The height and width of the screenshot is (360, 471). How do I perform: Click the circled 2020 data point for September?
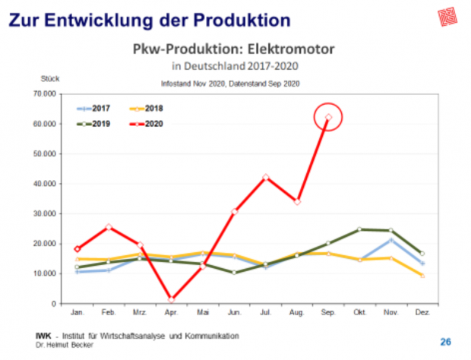328,117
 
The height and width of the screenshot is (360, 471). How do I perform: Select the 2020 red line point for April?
172,299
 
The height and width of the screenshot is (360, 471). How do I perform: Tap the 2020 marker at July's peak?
265,177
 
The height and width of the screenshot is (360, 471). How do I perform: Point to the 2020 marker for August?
297,202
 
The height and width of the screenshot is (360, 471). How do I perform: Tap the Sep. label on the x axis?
328,312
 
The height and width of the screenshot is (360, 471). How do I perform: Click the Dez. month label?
422,312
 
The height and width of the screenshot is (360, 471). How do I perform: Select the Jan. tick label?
77,312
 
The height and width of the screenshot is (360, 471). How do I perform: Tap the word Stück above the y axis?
50,78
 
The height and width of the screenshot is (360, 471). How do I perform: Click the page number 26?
446,340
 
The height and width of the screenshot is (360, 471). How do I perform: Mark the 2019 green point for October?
359,229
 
